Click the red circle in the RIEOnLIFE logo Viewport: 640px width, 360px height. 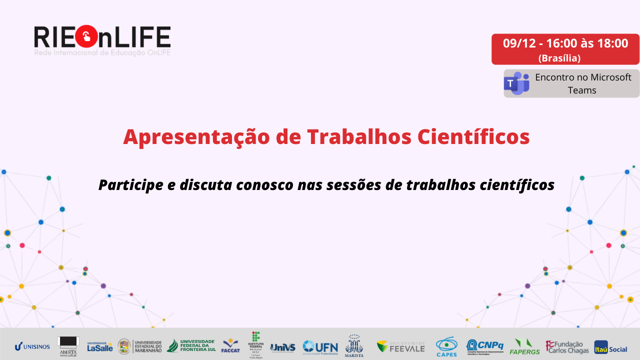(x=87, y=36)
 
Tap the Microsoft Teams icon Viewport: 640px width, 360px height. (x=516, y=83)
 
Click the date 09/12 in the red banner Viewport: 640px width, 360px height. (x=519, y=43)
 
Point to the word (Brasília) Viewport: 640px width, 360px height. (x=559, y=58)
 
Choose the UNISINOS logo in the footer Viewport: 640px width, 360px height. (x=32, y=346)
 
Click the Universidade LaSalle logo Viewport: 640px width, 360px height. (x=100, y=346)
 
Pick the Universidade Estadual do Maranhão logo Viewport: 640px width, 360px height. (x=139, y=346)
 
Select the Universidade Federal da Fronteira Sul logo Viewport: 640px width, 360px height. (x=191, y=345)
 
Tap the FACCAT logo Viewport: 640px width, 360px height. (x=230, y=345)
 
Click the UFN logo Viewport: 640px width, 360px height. (x=320, y=346)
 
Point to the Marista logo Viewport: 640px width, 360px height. (x=354, y=345)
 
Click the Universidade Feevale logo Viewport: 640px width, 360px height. (x=400, y=346)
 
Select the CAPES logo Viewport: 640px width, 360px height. (x=446, y=346)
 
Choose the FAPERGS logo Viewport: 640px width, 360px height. (x=524, y=346)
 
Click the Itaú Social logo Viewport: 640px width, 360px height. (x=610, y=346)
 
